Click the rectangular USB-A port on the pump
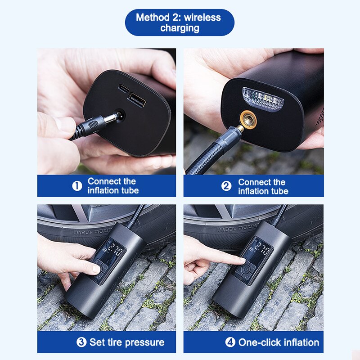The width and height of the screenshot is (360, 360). [x=137, y=99]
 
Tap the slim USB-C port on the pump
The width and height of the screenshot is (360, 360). [x=124, y=88]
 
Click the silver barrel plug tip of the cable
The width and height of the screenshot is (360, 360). [x=109, y=118]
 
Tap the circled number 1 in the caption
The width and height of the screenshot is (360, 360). [x=77, y=186]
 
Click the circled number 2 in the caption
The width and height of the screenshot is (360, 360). [x=226, y=186]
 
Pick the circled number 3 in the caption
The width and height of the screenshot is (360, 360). [x=81, y=342]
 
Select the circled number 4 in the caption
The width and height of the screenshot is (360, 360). [x=230, y=342]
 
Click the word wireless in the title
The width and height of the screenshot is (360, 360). [x=202, y=18]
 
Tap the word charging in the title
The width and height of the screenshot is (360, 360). [x=180, y=28]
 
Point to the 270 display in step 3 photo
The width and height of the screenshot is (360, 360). [x=116, y=250]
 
